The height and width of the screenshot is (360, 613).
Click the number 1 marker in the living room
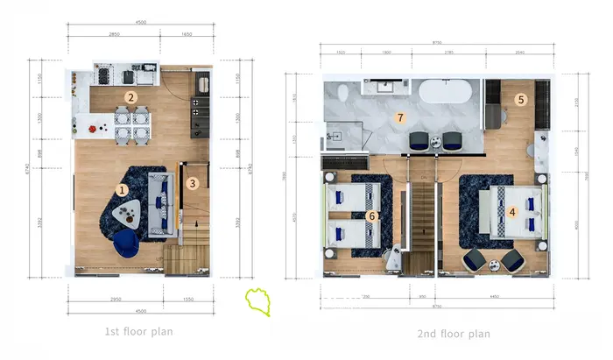click(123, 188)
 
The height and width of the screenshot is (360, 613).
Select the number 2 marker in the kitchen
click(130, 98)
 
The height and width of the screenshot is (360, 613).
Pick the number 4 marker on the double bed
click(512, 210)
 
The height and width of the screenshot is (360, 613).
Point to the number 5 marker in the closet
click(520, 100)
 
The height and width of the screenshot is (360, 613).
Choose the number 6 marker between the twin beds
click(371, 215)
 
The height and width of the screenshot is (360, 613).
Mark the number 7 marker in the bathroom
click(400, 117)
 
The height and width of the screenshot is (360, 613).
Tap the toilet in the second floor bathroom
click(342, 92)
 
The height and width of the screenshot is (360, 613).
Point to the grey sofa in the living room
click(160, 204)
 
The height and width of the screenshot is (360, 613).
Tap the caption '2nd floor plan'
click(454, 334)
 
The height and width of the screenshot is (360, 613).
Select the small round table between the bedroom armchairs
click(492, 261)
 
